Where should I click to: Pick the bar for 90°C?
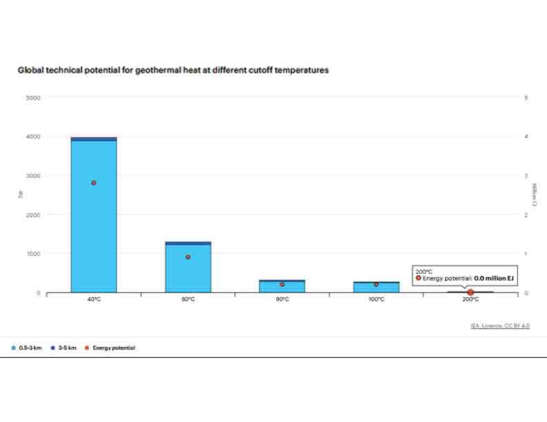pyautogui.click(x=282, y=287)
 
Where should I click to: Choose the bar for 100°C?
pyautogui.click(x=376, y=288)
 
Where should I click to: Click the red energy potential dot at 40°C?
pyautogui.click(x=93, y=183)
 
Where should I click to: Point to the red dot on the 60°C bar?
pyautogui.click(x=188, y=257)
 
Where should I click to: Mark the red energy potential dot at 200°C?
pyautogui.click(x=470, y=292)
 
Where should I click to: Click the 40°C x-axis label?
pyautogui.click(x=93, y=300)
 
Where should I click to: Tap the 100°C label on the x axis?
pyautogui.click(x=376, y=300)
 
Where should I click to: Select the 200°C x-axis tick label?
pyautogui.click(x=470, y=300)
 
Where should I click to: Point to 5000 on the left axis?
pyautogui.click(x=34, y=98)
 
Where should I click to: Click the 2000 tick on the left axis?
pyautogui.click(x=34, y=215)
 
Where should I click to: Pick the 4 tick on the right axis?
pyautogui.click(x=526, y=137)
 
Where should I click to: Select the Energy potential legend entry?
pyautogui.click(x=111, y=348)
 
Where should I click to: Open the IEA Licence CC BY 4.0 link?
pyautogui.click(x=500, y=325)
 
